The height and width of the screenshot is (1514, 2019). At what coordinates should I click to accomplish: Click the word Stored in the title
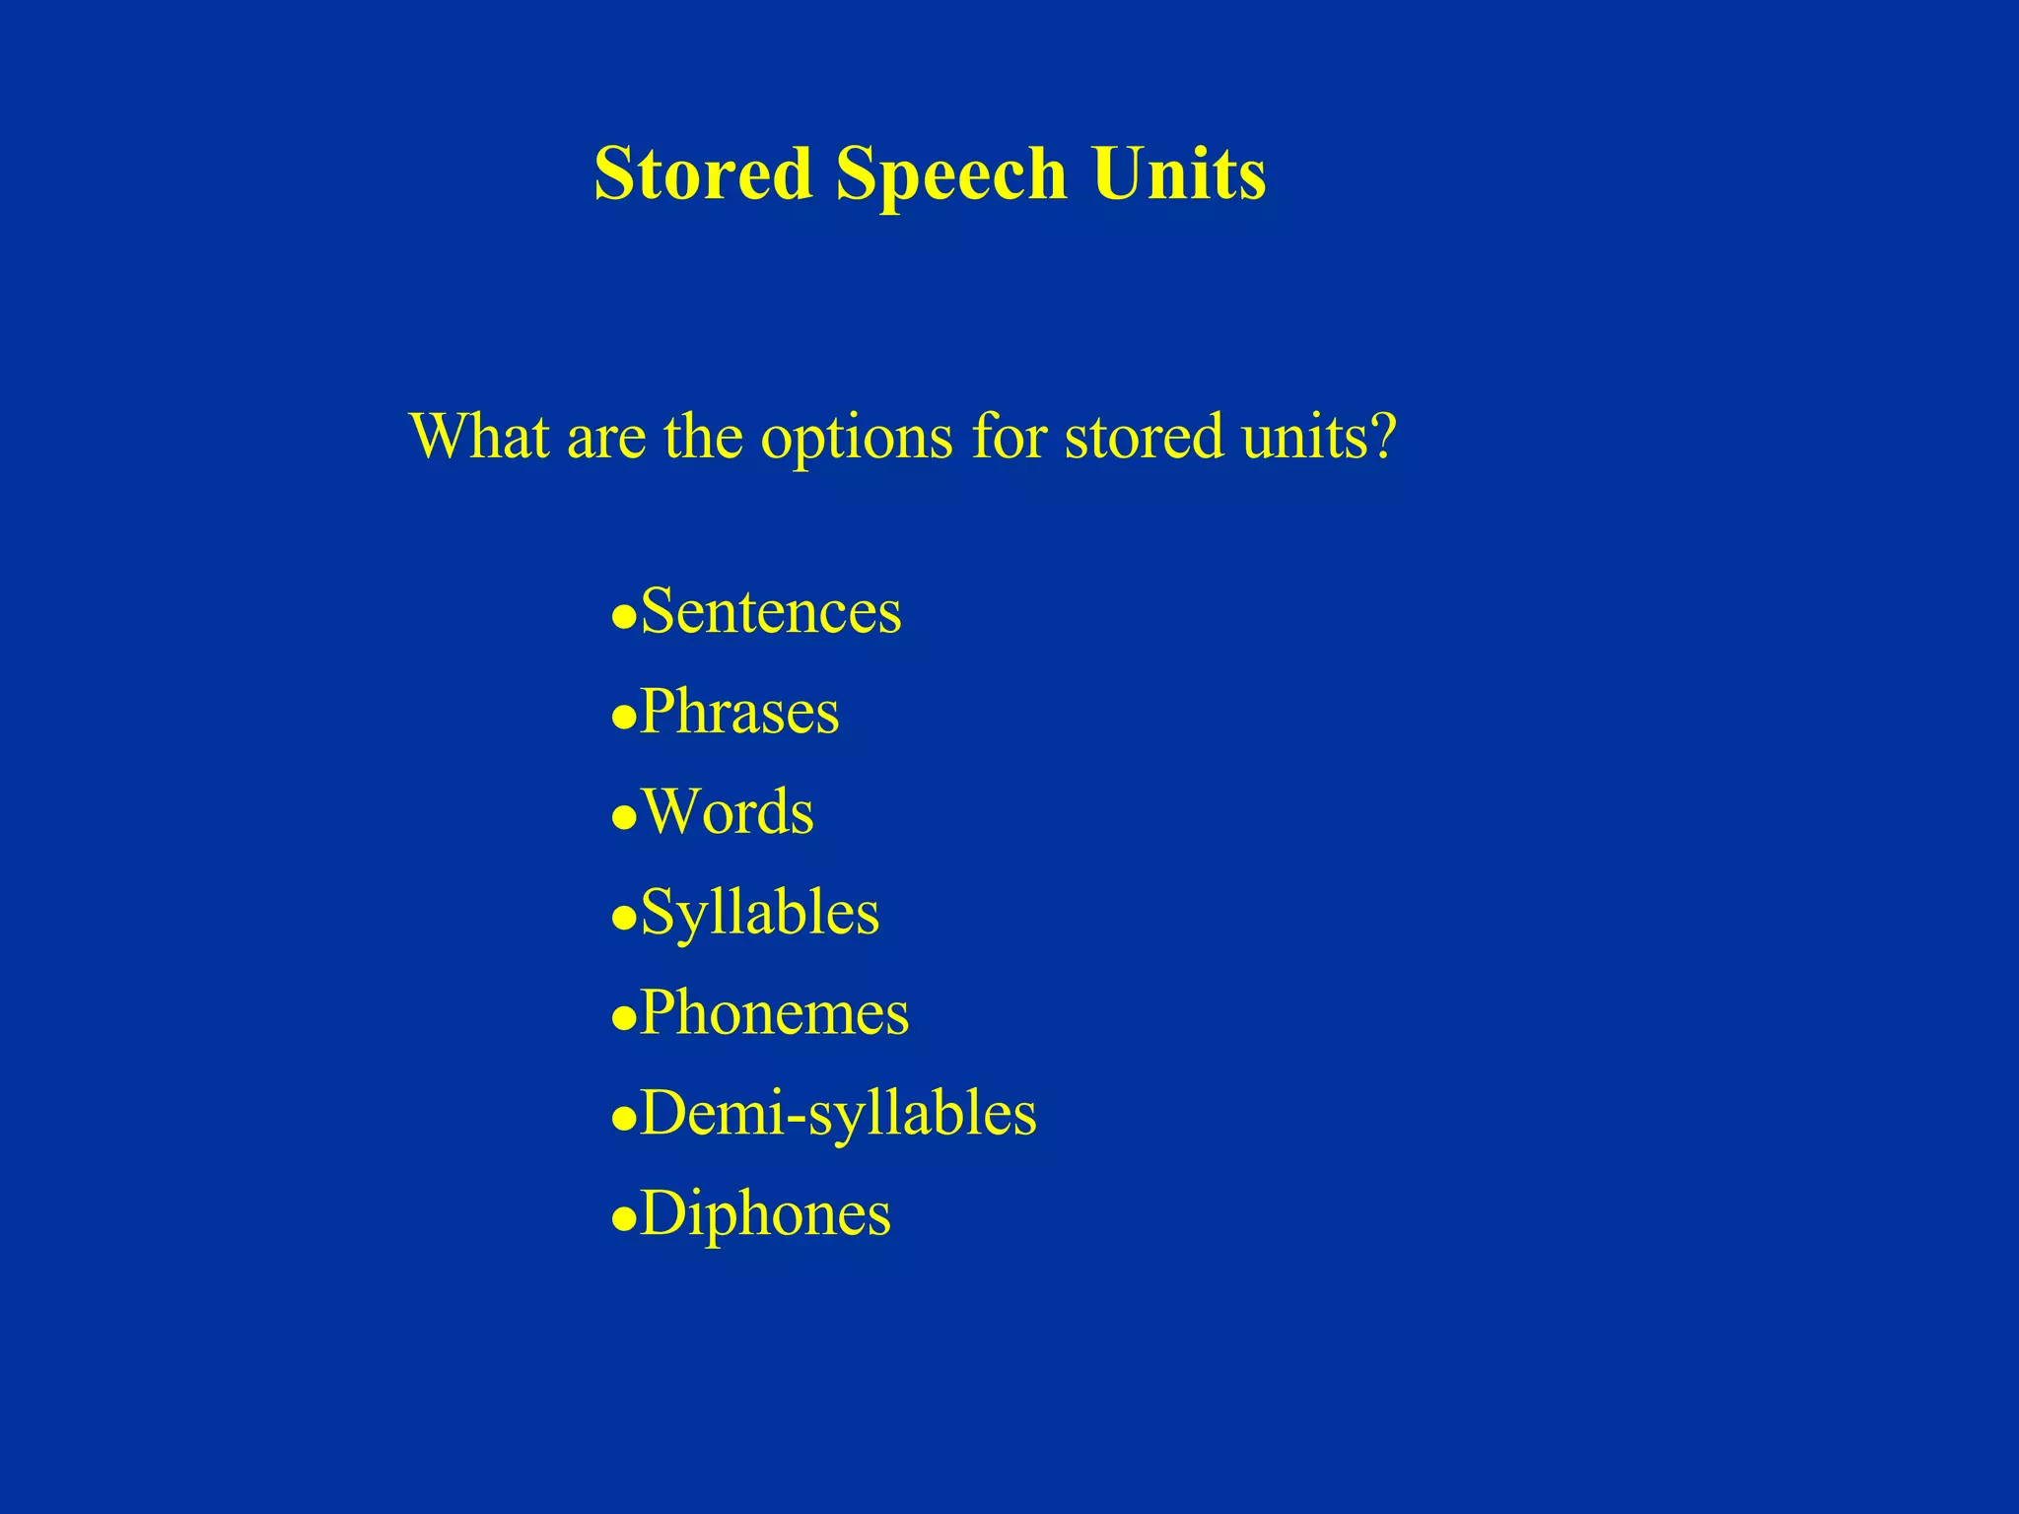pos(702,173)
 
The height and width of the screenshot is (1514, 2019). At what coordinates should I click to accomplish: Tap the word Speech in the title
pos(951,173)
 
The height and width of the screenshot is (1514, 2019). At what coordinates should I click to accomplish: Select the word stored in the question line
pos(1145,436)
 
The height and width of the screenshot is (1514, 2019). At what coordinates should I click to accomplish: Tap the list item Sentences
pos(770,611)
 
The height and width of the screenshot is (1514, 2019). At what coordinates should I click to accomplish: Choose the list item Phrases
pos(739,712)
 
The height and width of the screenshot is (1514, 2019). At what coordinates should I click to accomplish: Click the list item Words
pos(728,812)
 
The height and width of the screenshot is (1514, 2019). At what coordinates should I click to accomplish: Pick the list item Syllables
pos(759,914)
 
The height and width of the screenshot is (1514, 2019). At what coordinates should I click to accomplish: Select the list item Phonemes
pos(774,1012)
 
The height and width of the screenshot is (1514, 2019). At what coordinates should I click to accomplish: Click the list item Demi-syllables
pos(838,1114)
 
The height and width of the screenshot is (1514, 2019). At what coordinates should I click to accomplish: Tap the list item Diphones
pos(765,1214)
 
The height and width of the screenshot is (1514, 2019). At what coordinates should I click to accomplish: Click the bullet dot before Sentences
pos(623,618)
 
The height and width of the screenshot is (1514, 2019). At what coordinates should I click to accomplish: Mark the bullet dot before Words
pos(623,819)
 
